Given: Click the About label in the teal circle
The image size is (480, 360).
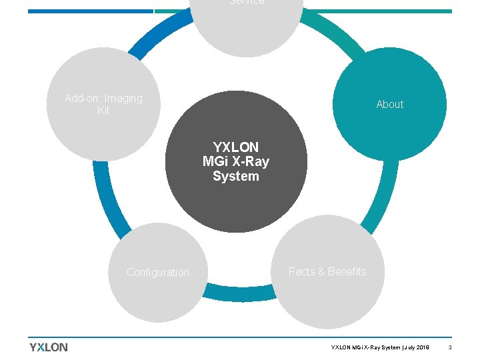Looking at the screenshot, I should point(389,105).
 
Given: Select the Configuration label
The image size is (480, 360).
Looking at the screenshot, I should point(158,272).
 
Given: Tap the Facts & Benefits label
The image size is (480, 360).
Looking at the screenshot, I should point(327,271).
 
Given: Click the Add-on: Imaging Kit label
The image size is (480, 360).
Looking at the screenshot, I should point(103,105).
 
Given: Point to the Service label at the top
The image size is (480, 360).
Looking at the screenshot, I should point(246,2).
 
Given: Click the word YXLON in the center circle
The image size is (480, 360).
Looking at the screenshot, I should point(236,147).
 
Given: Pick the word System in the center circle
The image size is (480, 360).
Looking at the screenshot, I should point(236,177).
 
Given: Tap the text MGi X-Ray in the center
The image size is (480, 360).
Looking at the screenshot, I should point(236,161).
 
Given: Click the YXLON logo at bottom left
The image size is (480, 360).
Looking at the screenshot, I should point(49,347).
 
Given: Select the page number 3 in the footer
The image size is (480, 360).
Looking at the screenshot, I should point(450,347).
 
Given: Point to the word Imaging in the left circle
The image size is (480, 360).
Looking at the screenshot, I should point(123,99).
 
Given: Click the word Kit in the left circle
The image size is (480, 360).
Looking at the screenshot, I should point(103,111).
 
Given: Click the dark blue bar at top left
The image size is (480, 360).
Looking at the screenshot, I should point(90,11).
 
